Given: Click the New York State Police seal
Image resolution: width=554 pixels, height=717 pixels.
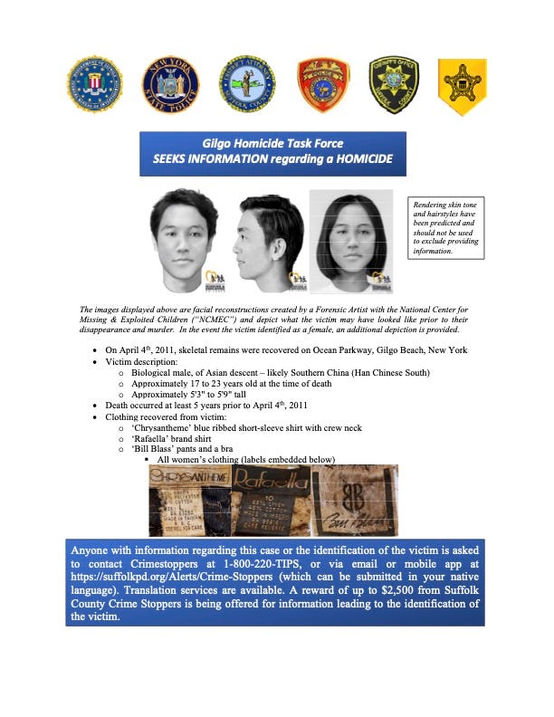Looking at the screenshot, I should click(x=170, y=85).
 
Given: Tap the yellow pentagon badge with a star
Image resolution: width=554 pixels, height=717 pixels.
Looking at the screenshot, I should click(x=463, y=86).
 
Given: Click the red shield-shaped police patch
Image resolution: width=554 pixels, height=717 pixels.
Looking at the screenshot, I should click(x=323, y=86).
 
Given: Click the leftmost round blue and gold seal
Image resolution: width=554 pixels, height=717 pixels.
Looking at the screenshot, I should click(x=93, y=85).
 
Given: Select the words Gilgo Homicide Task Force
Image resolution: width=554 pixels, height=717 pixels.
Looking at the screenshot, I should click(x=272, y=144).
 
